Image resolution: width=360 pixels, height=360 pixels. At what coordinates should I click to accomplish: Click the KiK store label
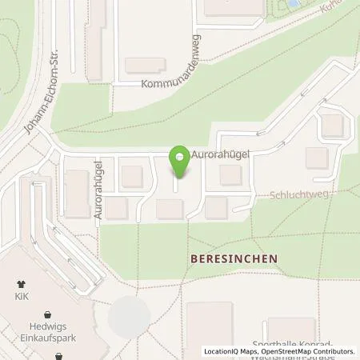click(x=22, y=295)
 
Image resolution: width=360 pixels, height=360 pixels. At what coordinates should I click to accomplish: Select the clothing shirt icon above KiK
click(x=22, y=283)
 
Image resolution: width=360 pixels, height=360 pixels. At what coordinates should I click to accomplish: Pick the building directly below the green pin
click(x=170, y=209)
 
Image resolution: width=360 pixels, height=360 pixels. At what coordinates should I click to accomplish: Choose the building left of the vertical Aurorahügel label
click(x=78, y=194)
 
